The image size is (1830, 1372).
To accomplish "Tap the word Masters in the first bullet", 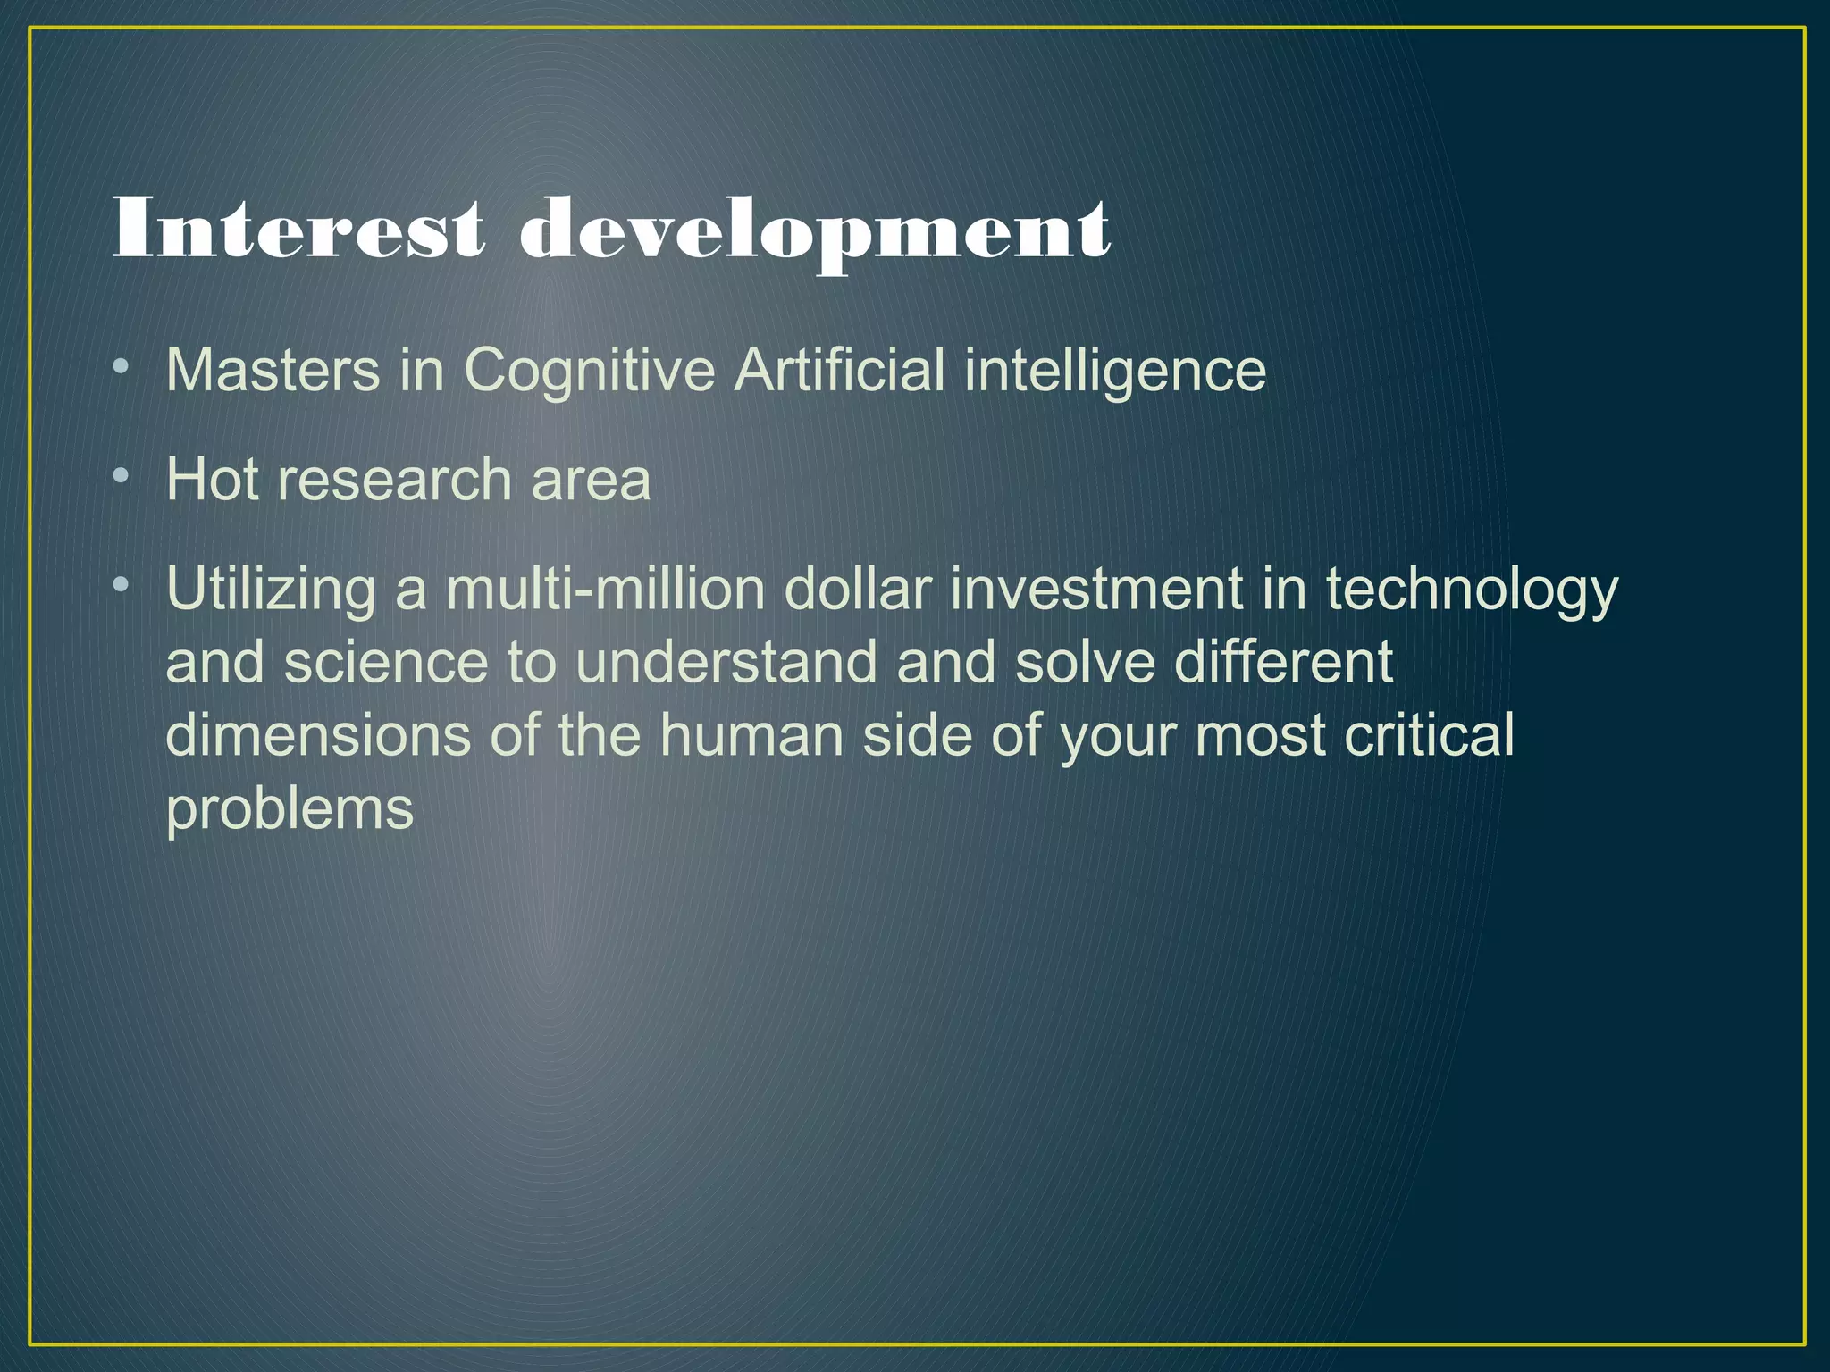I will point(273,370).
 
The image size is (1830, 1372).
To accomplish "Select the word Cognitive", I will point(589,372).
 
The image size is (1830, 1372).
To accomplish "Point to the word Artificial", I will point(839,370).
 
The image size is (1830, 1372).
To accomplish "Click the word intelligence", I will point(1114,372).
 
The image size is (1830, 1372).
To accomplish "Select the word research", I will point(394,480).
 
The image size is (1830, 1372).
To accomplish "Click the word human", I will point(751,736).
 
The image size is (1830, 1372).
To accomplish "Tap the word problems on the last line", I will point(290,811).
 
